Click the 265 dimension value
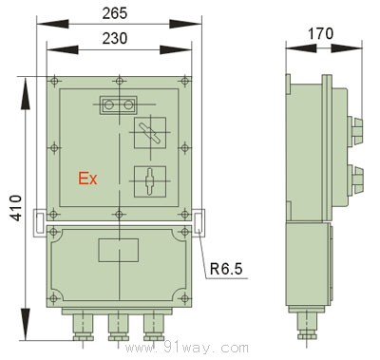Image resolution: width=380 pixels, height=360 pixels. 115,13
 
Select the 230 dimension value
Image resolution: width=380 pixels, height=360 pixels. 115,38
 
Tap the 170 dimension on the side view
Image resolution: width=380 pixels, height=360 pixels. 321,33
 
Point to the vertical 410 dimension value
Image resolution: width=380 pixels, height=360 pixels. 16,208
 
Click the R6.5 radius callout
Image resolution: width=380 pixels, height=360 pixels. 226,269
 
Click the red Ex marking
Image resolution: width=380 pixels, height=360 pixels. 87,179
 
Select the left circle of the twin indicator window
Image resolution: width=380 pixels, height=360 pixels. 109,104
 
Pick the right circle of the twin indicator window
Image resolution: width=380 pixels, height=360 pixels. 128,104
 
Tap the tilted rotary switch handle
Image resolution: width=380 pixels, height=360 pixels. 150,133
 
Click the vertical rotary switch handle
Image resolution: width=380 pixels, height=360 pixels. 150,181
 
